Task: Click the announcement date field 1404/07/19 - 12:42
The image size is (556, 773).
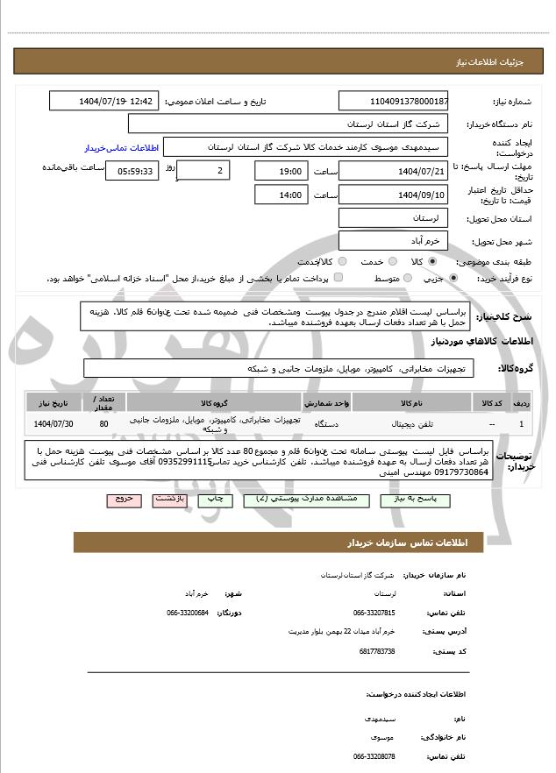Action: coord(105,102)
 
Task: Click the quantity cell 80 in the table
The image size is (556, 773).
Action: coord(104,425)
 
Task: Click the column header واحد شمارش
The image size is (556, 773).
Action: coord(327,402)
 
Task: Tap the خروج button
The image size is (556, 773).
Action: coord(123,499)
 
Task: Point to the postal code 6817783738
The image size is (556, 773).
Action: coord(377,651)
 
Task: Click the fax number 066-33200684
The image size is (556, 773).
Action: coord(188,613)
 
